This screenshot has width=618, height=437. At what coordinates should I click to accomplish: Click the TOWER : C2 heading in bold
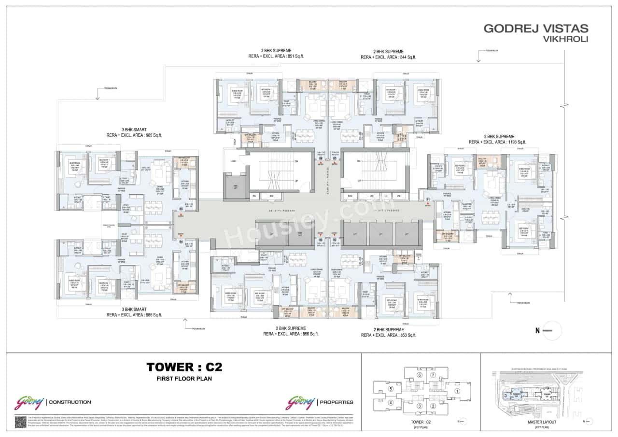[x=184, y=367]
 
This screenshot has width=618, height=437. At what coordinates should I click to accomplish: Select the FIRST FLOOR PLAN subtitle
[x=184, y=379]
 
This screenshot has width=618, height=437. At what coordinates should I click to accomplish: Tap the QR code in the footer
[x=20, y=421]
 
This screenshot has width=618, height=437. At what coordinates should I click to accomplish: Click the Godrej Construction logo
[x=53, y=402]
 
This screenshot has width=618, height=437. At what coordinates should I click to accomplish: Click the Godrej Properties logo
[x=320, y=402]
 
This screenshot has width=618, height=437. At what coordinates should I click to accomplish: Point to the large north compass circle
[x=552, y=331]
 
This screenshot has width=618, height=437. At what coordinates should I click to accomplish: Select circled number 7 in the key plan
[x=433, y=375]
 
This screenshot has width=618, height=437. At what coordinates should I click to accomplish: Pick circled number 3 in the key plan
[x=420, y=406]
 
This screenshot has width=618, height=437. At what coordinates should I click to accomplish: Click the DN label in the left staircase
[x=297, y=161]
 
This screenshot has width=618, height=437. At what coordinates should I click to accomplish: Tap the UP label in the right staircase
[x=358, y=181]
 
